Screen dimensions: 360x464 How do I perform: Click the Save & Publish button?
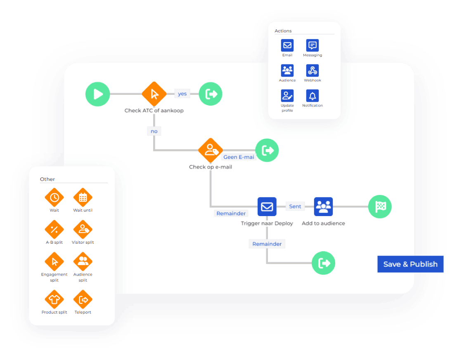(410, 264)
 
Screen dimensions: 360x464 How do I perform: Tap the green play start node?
(97, 94)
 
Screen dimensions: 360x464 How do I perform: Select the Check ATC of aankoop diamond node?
(154, 94)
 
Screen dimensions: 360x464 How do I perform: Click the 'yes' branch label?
(182, 94)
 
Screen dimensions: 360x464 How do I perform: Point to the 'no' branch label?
(154, 131)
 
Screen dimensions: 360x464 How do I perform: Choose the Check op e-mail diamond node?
(211, 150)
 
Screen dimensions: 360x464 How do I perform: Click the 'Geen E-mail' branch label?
(239, 157)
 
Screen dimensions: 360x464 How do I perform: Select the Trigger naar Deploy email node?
(267, 207)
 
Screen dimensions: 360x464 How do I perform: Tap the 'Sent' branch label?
(295, 206)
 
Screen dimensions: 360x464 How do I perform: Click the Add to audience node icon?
(323, 207)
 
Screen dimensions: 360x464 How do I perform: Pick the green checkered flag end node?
(380, 207)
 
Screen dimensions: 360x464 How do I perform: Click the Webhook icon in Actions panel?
(312, 71)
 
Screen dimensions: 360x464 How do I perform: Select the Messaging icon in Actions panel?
(312, 45)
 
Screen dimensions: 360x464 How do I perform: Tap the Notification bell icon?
(312, 96)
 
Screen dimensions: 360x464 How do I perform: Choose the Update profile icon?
(287, 96)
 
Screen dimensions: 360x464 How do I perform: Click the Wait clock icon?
(54, 198)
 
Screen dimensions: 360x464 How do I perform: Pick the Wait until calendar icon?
(83, 198)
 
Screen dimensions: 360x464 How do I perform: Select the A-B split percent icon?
(54, 230)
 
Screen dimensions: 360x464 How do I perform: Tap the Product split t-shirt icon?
(54, 299)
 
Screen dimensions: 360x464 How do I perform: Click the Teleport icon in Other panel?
(83, 299)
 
